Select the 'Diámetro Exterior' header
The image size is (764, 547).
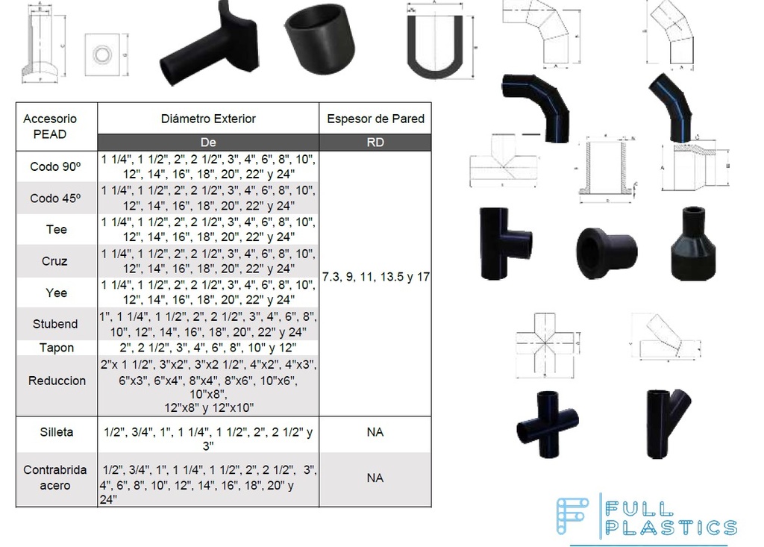tap(208, 119)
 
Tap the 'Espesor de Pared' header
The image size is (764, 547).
tap(375, 119)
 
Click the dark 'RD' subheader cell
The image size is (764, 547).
tap(375, 142)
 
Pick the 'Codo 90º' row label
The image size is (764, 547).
tap(57, 166)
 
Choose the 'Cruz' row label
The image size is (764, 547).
tap(57, 261)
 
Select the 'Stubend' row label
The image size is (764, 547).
tap(57, 324)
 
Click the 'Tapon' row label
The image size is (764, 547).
tap(57, 348)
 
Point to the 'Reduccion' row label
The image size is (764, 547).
tap(57, 381)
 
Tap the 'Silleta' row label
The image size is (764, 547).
tap(57, 432)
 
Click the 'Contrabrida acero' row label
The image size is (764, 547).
tap(57, 478)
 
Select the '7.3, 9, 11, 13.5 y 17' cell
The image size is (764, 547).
tap(375, 277)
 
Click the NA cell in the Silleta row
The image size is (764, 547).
tap(375, 432)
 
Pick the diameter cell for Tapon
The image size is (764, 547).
tap(208, 348)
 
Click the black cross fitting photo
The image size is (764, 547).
tap(547, 426)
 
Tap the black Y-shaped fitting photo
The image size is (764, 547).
tap(668, 422)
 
